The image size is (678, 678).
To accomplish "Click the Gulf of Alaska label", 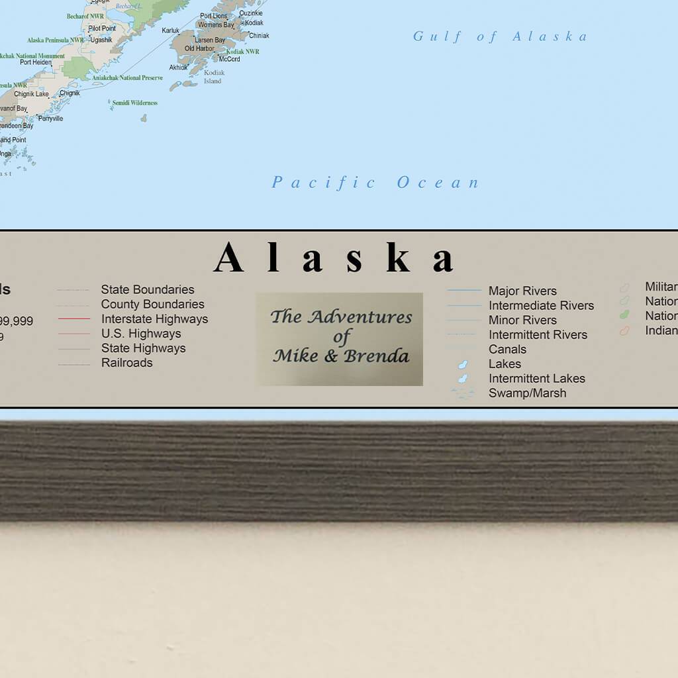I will [500, 36].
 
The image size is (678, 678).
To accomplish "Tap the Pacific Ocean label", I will [375, 182].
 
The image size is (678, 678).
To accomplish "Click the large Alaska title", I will [335, 258].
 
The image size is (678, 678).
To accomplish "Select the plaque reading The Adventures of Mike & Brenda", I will [340, 338].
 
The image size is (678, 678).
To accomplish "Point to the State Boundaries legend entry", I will [147, 289].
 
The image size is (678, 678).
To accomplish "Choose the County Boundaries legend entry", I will [152, 304].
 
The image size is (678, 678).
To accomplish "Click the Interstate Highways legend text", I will [154, 318].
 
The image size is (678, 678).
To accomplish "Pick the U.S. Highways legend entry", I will [141, 333].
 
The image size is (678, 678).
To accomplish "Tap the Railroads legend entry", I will [126, 362].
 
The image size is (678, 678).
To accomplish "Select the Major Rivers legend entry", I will [522, 291].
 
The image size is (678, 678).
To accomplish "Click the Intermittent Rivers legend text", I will [538, 334].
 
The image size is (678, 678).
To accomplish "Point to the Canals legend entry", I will [507, 349].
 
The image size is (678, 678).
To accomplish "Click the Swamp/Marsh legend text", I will [527, 393].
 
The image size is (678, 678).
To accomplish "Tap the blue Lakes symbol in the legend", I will [463, 364].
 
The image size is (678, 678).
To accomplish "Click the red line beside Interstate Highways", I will [73, 319].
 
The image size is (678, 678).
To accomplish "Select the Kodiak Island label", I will [213, 77].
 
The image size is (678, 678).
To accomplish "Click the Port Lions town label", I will [213, 16].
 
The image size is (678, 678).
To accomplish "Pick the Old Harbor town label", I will [199, 48].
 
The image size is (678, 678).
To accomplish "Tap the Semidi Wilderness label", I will [135, 103].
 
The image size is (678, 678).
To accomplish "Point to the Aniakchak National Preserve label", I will [128, 77].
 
